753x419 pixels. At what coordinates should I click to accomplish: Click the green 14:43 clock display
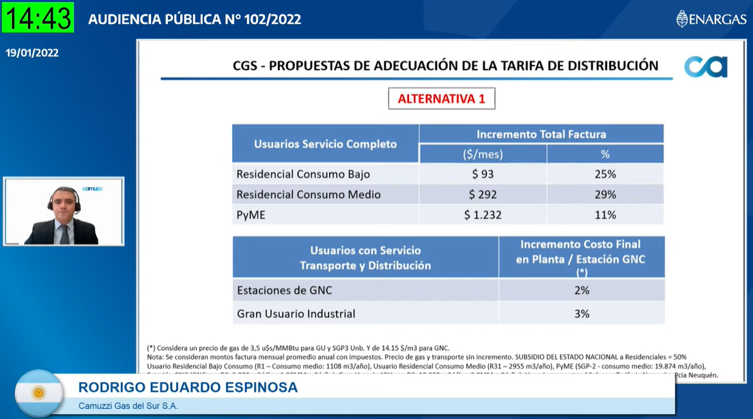pyautogui.click(x=38, y=18)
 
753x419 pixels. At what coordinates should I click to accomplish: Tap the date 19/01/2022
pyautogui.click(x=32, y=53)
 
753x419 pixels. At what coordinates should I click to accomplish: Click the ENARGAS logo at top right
pyautogui.click(x=711, y=19)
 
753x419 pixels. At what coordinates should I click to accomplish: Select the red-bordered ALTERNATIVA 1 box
pyautogui.click(x=442, y=98)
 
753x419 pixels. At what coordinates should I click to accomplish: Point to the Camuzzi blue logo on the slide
pyautogui.click(x=706, y=67)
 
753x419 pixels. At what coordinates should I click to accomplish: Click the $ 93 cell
pyautogui.click(x=483, y=174)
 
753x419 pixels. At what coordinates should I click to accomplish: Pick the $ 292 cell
pyautogui.click(x=483, y=194)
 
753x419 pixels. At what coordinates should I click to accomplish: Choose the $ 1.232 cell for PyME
pyautogui.click(x=483, y=215)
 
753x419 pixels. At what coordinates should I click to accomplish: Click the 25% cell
pyautogui.click(x=605, y=174)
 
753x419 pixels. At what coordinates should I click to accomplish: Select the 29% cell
pyautogui.click(x=605, y=194)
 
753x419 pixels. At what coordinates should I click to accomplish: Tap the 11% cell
pyautogui.click(x=605, y=215)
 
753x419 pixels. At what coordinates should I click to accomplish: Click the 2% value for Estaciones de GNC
pyautogui.click(x=582, y=290)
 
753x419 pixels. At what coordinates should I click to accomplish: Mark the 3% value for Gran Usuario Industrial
pyautogui.click(x=582, y=314)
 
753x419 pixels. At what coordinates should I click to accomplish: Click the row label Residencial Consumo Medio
pyautogui.click(x=309, y=194)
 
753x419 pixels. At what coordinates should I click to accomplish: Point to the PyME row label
pyautogui.click(x=251, y=215)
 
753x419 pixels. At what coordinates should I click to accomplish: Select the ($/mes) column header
pyautogui.click(x=483, y=154)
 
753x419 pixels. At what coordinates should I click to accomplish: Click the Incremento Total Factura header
pyautogui.click(x=541, y=134)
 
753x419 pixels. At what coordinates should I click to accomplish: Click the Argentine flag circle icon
pyautogui.click(x=39, y=392)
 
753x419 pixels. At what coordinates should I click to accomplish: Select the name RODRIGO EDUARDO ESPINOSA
pyautogui.click(x=188, y=388)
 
